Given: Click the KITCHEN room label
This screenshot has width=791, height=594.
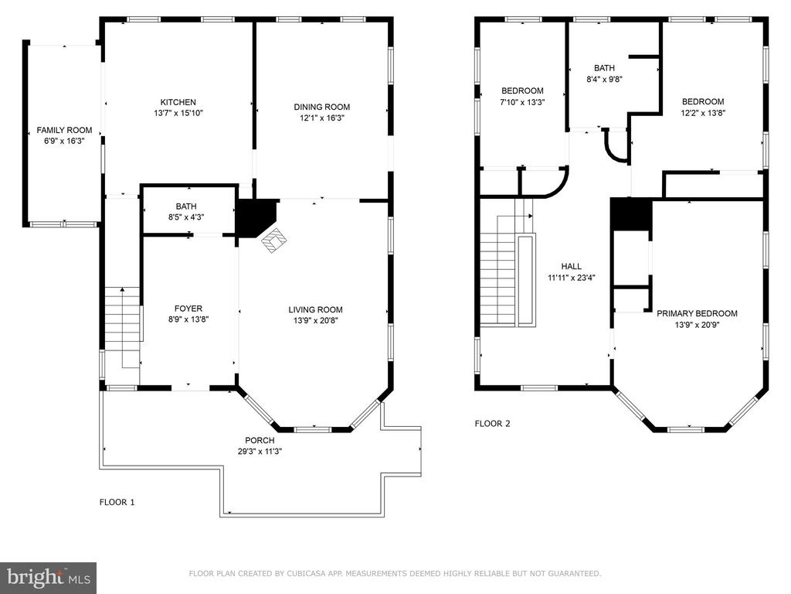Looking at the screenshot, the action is [x=178, y=102].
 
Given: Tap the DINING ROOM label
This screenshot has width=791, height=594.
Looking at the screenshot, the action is [x=322, y=107].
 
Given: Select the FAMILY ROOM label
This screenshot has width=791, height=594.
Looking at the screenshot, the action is [x=65, y=130].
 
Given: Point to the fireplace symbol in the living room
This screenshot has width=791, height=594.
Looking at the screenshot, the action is [x=273, y=240].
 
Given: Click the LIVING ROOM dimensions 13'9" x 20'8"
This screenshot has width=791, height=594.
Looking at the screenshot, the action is [x=315, y=321].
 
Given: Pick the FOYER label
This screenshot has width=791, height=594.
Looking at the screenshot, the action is [x=188, y=309].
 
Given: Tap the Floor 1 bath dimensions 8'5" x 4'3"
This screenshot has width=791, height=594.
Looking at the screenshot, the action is [x=186, y=217].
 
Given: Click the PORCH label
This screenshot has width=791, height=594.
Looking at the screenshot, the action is [x=260, y=440].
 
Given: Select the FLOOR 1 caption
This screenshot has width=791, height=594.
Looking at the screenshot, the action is [x=117, y=502].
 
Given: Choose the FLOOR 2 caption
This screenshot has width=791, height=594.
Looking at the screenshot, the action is [x=492, y=424].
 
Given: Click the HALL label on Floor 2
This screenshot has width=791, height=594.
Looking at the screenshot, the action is [x=571, y=266].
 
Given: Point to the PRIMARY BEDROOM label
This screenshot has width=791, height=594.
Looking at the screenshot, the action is [x=697, y=314].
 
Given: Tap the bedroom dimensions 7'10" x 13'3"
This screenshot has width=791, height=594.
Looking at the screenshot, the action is [x=522, y=102].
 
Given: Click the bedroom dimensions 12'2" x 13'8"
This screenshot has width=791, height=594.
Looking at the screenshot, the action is [x=703, y=113].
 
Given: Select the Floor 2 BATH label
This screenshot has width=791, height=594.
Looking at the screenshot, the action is [x=604, y=68].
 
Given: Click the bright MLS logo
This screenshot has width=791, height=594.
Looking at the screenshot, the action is [x=49, y=578].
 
